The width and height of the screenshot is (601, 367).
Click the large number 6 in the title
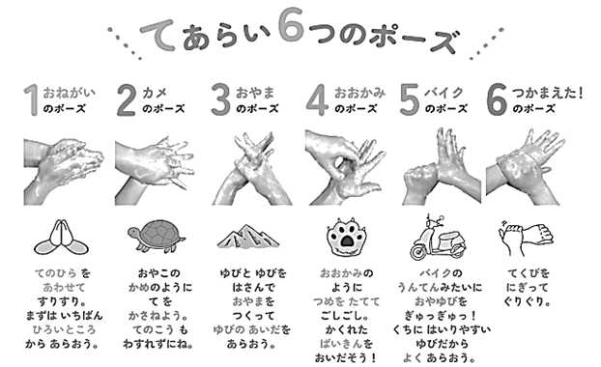pyautogui.click(x=291, y=24)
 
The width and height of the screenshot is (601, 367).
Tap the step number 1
pyautogui.click(x=32, y=99)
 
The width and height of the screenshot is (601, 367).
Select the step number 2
pyautogui.click(x=127, y=100)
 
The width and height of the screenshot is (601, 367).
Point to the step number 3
pyautogui.click(x=220, y=100)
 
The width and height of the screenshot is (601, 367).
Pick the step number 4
pyautogui.click(x=317, y=100)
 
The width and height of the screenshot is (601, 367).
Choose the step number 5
pyautogui.click(x=410, y=100)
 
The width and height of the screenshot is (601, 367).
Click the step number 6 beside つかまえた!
pyautogui.click(x=497, y=100)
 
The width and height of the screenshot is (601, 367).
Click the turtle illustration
pyautogui.click(x=157, y=236)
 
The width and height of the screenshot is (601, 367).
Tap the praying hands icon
pyautogui.click(x=61, y=238)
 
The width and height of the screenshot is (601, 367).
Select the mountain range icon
pyautogui.click(x=248, y=236)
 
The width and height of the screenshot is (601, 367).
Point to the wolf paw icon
pyautogui.click(x=347, y=237)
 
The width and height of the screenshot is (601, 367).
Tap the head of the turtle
pyautogui.click(x=134, y=233)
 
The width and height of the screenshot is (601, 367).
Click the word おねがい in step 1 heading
pyautogui.click(x=69, y=93)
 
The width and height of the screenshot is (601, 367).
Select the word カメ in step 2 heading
pyautogui.click(x=155, y=93)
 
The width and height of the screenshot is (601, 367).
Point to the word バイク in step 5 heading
pyautogui.click(x=444, y=93)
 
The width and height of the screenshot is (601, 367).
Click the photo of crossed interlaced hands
pyautogui.click(x=252, y=168)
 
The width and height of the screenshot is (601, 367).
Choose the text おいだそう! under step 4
pyautogui.click(x=345, y=357)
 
